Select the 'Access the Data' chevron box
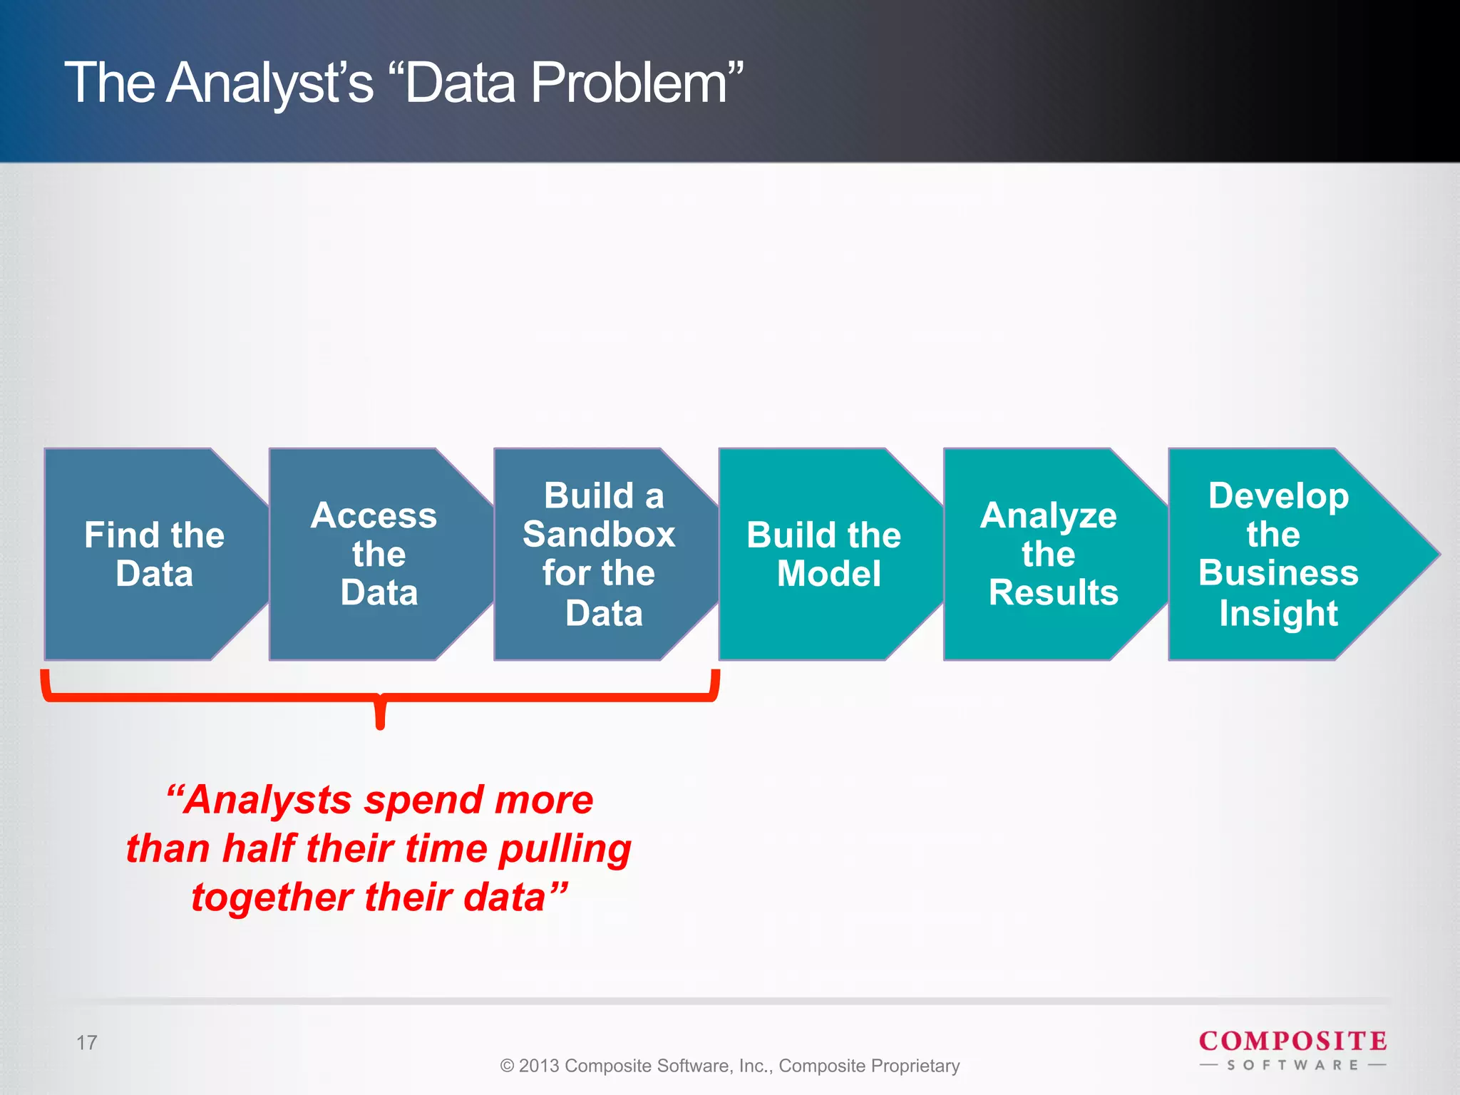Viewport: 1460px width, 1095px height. pyautogui.click(x=378, y=554)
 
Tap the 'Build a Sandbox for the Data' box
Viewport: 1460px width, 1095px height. pyautogui.click(x=602, y=554)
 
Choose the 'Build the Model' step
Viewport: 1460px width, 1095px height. pyautogui.click(x=825, y=554)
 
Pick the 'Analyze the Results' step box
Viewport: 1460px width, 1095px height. pyautogui.click(x=1050, y=554)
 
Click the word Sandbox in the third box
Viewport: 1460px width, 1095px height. pyautogui.click(x=599, y=535)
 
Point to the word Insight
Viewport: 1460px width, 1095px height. pyautogui.click(x=1278, y=613)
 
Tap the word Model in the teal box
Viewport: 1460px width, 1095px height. pyautogui.click(x=828, y=574)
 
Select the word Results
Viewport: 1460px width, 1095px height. pyautogui.click(x=1053, y=593)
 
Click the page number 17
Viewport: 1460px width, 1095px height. pyautogui.click(x=86, y=1043)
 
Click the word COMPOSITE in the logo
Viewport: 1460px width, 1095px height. pyautogui.click(x=1292, y=1041)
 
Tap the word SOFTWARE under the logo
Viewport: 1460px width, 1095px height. pyautogui.click(x=1292, y=1065)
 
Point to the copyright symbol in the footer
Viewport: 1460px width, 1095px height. pyautogui.click(x=507, y=1066)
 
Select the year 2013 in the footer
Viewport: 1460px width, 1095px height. pyautogui.click(x=539, y=1066)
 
